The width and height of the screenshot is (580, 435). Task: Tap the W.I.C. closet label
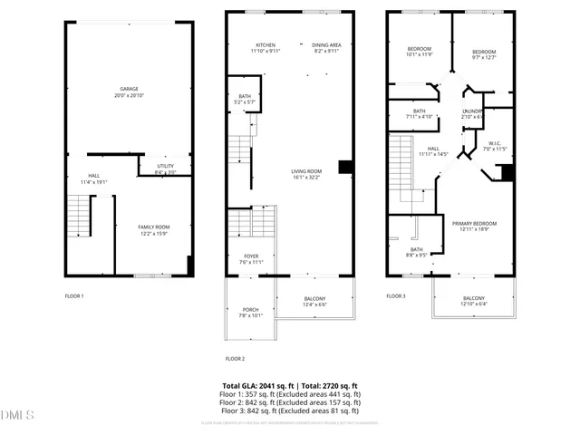coord(495,146)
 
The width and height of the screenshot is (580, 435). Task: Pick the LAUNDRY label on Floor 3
coord(473,113)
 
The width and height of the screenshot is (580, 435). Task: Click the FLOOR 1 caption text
coord(74,296)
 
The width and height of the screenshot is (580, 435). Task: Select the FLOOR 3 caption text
coord(396,296)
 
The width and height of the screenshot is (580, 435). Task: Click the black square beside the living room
coord(345,166)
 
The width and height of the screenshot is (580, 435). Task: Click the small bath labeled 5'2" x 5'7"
coord(245,99)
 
